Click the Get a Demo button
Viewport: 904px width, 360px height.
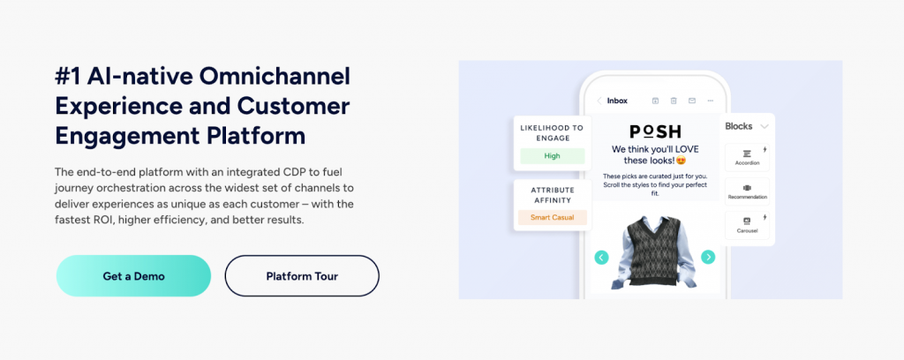click(134, 276)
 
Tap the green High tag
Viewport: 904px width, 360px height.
click(553, 155)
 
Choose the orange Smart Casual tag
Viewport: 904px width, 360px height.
click(553, 218)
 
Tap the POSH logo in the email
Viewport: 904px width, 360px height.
click(655, 131)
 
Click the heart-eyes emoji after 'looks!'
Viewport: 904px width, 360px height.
click(681, 160)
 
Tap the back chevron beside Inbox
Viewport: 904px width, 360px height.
click(599, 101)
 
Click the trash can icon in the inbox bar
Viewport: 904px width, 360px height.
click(674, 101)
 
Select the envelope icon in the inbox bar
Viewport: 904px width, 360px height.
click(692, 101)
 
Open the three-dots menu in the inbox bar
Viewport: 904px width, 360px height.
click(711, 101)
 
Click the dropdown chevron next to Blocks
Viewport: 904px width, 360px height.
click(765, 126)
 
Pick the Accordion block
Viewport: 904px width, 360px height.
click(747, 157)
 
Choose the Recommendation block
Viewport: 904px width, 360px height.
click(747, 191)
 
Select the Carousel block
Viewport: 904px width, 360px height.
click(747, 225)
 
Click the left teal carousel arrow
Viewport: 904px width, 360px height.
click(601, 257)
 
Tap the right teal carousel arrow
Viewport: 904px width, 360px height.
click(708, 257)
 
